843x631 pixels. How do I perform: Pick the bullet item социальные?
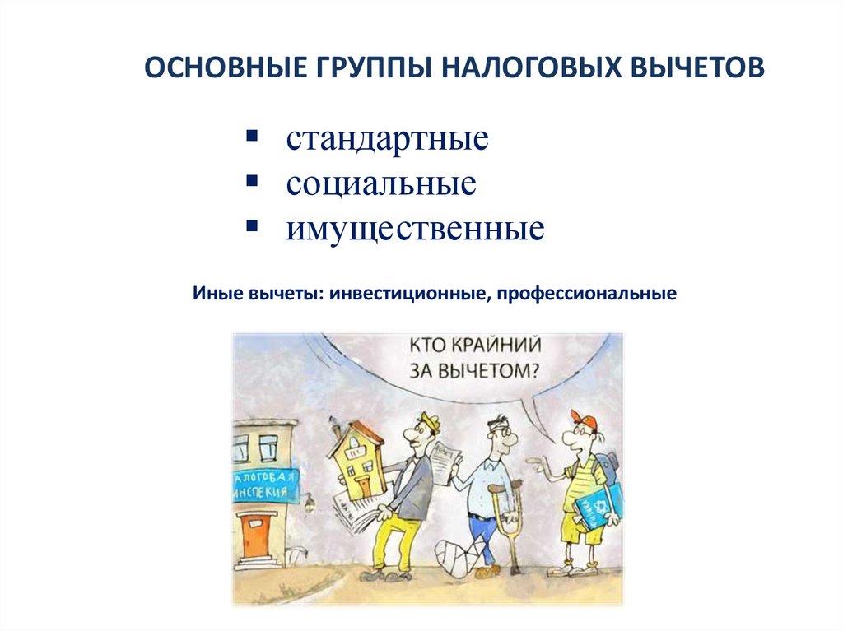pos(381,183)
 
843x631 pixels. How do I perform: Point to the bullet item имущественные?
pos(415,228)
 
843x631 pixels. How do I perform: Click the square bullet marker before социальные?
pos(250,179)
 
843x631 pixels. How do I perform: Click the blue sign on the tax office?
pos(264,485)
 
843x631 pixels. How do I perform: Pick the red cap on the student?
pos(585,422)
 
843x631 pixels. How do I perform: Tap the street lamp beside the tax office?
pos(309,501)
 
